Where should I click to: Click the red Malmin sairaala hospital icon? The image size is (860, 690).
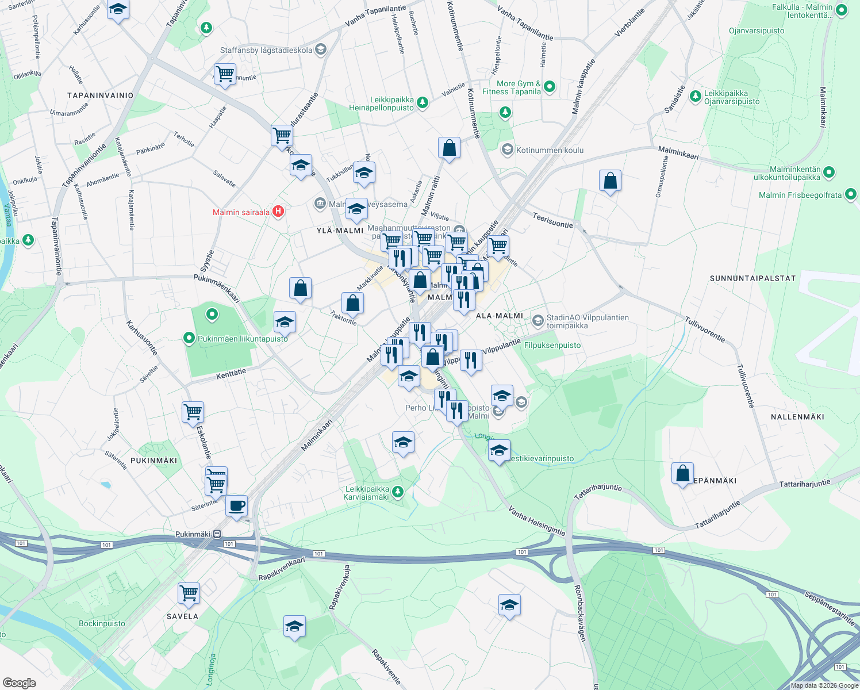point(278,212)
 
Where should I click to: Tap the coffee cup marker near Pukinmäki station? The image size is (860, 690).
point(236,506)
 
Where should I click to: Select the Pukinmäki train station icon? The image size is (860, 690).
point(217,534)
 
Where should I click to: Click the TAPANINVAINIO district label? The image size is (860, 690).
point(100,95)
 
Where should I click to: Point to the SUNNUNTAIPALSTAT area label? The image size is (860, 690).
point(752,278)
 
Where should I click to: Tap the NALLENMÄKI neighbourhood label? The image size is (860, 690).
point(797,417)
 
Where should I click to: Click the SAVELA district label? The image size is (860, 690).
point(182,616)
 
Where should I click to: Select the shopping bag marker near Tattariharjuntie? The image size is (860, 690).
point(682,474)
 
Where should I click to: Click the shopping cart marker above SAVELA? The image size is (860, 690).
point(189,593)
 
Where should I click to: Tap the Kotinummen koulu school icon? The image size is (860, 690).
point(507,150)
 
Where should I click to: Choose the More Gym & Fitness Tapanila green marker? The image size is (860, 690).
point(550,87)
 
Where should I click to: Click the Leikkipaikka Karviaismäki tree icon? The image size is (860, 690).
point(397,492)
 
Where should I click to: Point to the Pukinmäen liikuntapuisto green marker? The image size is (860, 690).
point(189,338)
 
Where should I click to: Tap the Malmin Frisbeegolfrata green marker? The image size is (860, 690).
point(851,195)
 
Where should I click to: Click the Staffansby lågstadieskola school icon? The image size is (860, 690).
point(321,50)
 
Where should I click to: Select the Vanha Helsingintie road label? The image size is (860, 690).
point(536,523)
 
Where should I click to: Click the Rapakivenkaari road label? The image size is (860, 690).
point(282,569)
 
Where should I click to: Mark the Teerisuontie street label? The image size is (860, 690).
point(552,220)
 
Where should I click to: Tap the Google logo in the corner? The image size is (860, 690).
point(19,683)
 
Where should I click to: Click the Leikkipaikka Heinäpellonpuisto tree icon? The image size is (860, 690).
point(423,102)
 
